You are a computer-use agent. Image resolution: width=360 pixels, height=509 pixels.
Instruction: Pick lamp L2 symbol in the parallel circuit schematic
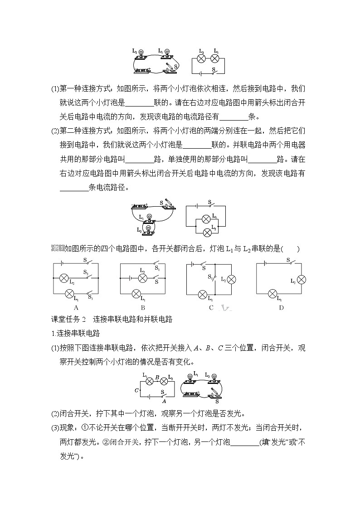click(208, 232)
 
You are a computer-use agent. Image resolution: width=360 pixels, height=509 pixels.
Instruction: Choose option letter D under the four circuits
click(281, 308)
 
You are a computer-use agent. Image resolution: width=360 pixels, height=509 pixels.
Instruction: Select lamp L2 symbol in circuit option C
click(231, 280)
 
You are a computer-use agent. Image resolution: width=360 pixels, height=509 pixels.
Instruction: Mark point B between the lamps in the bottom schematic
click(157, 377)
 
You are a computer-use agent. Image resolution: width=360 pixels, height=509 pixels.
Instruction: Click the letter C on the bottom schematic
click(136, 390)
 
